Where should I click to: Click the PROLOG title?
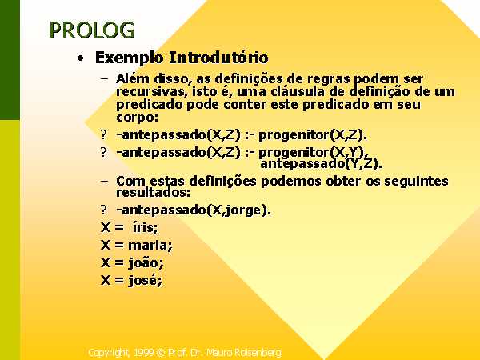click(x=92, y=30)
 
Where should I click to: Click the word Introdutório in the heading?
click(x=218, y=58)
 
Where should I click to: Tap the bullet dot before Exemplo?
click(x=80, y=58)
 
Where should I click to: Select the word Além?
click(x=133, y=78)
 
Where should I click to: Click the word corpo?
click(x=137, y=118)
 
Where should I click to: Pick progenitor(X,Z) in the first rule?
click(x=312, y=135)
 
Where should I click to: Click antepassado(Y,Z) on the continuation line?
click(x=321, y=163)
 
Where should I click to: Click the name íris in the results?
click(x=145, y=227)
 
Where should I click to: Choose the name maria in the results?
click(x=150, y=245)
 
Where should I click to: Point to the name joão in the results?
click(x=146, y=262)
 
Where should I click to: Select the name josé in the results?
click(x=145, y=281)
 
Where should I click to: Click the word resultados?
click(x=153, y=192)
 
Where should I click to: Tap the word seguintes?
click(x=416, y=182)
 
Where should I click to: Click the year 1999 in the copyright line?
click(x=143, y=353)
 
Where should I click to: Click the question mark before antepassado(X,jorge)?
click(x=104, y=210)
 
